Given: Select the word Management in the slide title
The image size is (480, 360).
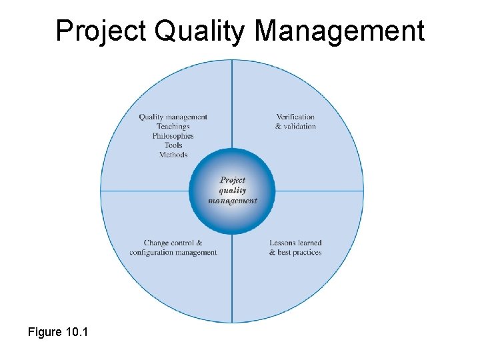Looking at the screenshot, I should click(339, 31).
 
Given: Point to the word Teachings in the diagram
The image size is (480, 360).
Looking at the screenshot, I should click(173, 127).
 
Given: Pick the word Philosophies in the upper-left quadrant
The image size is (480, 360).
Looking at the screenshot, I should click(173, 136).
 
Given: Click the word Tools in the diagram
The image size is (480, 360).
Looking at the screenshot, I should click(173, 145).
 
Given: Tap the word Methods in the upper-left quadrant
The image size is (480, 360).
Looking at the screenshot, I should click(173, 155).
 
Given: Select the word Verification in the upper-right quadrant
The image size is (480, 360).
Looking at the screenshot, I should click(295, 117).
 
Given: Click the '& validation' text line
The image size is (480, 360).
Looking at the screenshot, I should click(295, 127).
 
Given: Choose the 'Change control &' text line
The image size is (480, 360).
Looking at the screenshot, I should click(173, 243).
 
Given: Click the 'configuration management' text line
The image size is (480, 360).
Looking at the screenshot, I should click(173, 253).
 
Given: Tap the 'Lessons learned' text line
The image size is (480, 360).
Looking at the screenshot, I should click(295, 243).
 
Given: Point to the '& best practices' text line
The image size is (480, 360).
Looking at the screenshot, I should click(295, 253).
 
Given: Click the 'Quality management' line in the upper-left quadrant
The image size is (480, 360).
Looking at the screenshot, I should click(173, 117).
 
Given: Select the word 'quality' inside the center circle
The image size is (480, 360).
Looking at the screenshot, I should click(233, 190).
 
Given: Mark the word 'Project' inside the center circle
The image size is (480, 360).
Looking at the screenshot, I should click(233, 180).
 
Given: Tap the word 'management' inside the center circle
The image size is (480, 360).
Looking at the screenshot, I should click(233, 201).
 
